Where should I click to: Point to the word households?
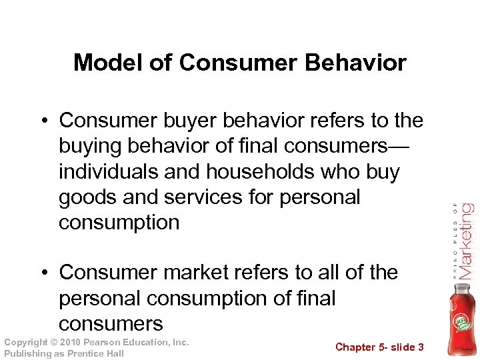[255, 172]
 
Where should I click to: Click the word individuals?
[110, 172]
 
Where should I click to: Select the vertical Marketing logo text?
[465, 240]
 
